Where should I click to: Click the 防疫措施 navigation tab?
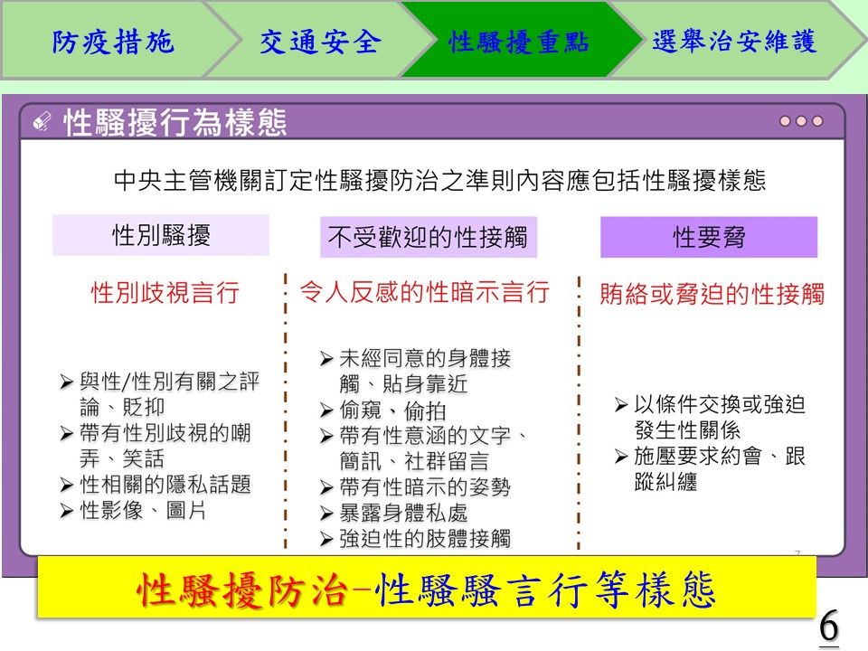[x=114, y=42]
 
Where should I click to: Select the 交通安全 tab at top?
[x=321, y=42]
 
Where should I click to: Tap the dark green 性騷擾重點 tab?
[x=519, y=42]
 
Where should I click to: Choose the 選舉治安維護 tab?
[x=735, y=42]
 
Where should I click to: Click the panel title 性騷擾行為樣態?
[x=175, y=122]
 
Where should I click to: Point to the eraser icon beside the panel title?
[x=42, y=121]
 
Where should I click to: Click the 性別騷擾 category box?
[x=161, y=235]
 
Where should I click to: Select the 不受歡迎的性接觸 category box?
[x=429, y=238]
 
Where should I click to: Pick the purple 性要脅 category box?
[x=709, y=238]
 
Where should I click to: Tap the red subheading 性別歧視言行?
[x=165, y=292]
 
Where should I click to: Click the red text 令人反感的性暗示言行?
[x=425, y=292]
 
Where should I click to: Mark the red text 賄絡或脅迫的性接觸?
[x=712, y=293]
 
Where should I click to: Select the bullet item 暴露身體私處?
[x=394, y=514]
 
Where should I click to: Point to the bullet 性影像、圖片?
[x=133, y=510]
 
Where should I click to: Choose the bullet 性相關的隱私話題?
[x=156, y=485]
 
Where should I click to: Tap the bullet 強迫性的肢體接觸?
[x=415, y=538]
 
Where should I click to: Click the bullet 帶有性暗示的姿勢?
[x=415, y=487]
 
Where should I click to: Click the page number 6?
[x=829, y=627]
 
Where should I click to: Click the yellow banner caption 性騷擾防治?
[x=242, y=590]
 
